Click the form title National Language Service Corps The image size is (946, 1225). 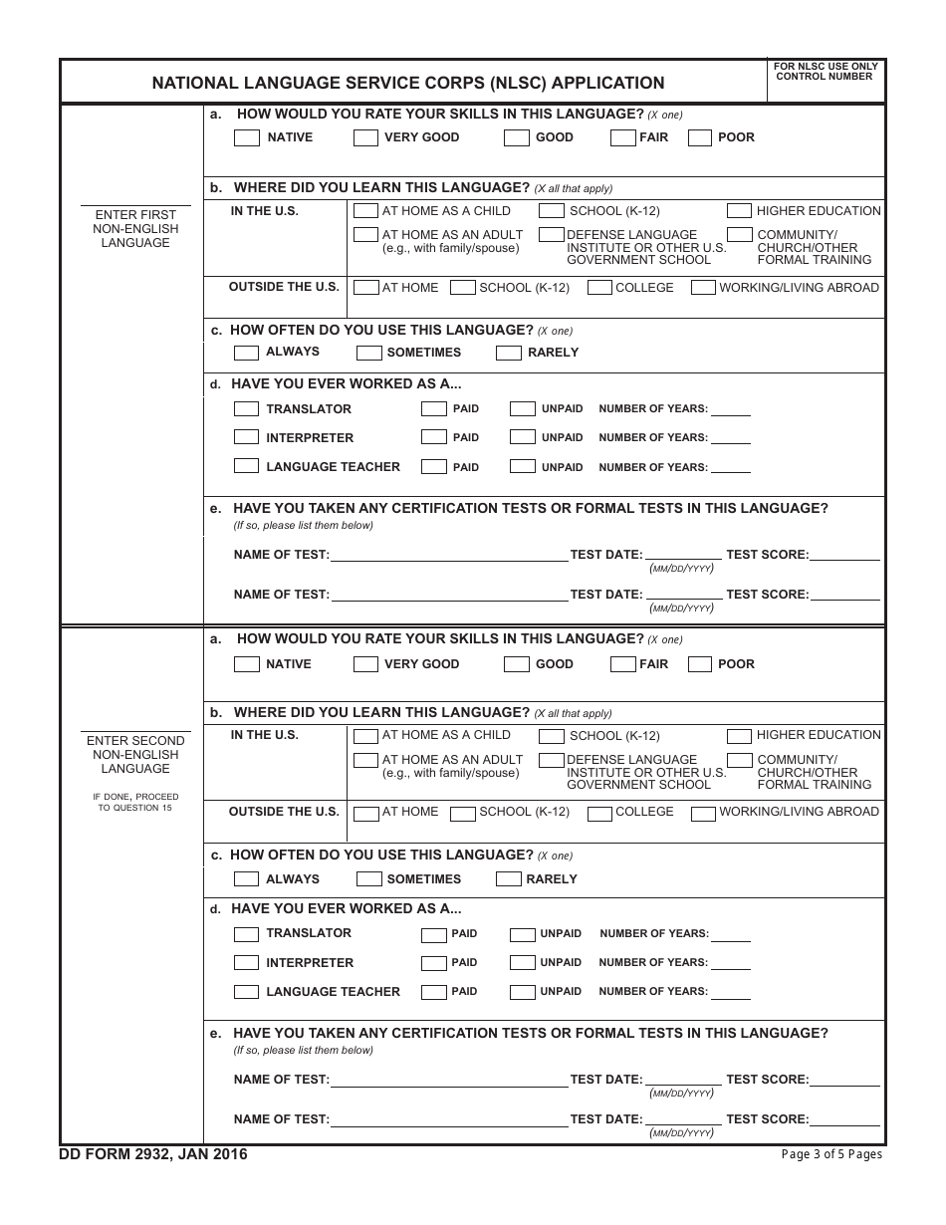tap(408, 84)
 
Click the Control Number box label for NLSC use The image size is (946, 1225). tap(825, 71)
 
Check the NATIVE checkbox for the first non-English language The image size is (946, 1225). tap(246, 138)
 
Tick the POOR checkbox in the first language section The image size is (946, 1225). tap(699, 138)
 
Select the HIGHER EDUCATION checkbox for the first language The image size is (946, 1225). tap(739, 211)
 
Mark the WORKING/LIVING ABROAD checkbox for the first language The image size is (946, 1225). tap(703, 288)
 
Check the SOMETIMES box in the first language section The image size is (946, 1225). tap(368, 353)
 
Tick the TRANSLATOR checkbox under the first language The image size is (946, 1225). tap(246, 409)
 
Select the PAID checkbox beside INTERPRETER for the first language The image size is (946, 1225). tap(433, 437)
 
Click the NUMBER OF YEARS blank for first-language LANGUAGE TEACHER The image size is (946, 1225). tap(731, 467)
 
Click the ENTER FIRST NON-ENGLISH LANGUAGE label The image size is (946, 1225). tap(135, 229)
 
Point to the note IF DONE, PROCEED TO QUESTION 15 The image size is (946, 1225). tap(135, 801)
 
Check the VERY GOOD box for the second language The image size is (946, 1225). tap(365, 664)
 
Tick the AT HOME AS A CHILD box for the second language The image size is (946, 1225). tap(365, 736)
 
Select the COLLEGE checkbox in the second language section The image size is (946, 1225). tap(599, 813)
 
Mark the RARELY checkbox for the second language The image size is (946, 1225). tap(508, 879)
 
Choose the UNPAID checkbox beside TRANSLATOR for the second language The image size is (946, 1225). tap(522, 935)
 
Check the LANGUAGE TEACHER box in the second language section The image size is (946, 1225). tap(246, 992)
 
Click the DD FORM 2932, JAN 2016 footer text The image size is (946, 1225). tap(154, 1154)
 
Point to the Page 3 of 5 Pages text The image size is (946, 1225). tap(831, 1154)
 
